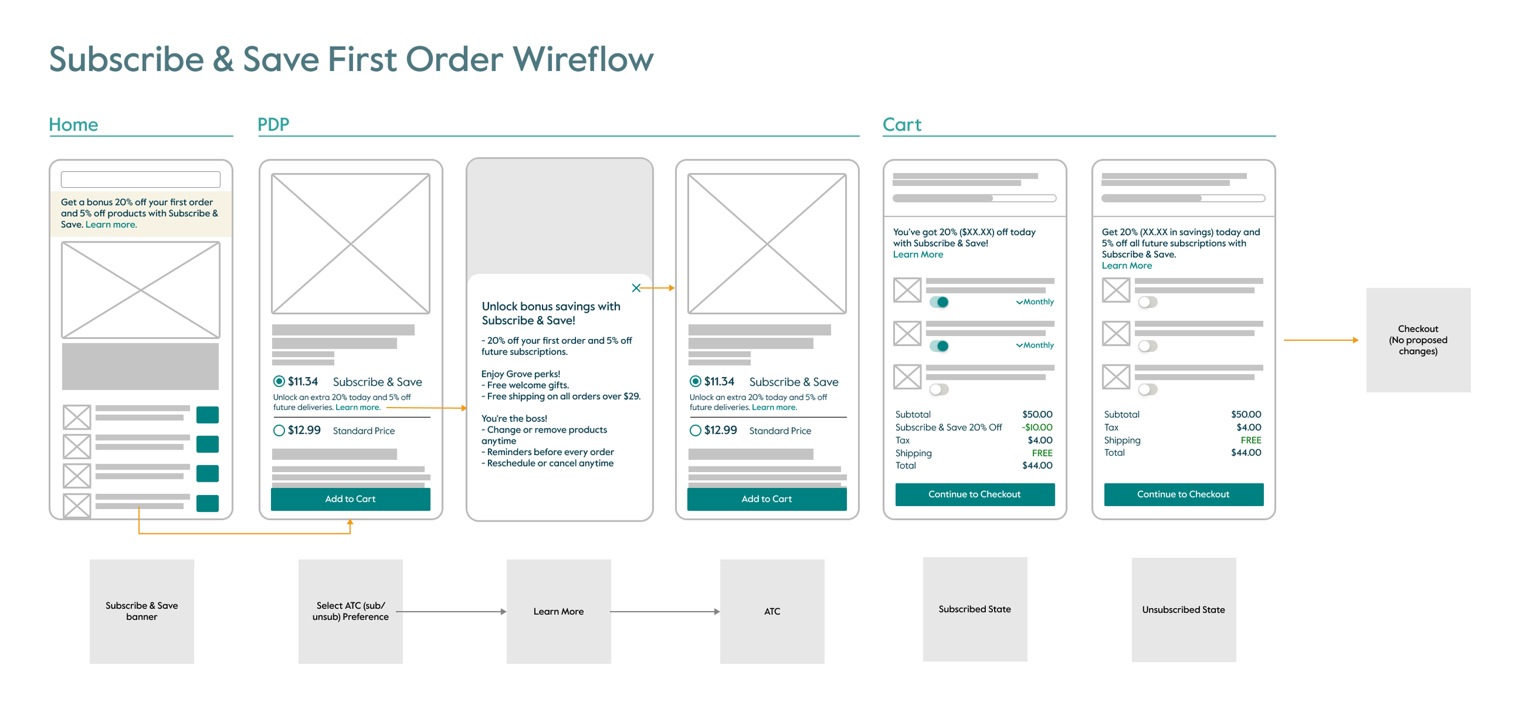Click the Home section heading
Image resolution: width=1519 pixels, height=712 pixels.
pyautogui.click(x=73, y=125)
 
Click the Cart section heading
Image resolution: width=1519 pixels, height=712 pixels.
pyautogui.click(x=901, y=125)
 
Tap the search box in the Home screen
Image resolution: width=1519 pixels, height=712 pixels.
pyautogui.click(x=140, y=179)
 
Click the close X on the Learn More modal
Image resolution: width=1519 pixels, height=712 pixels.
pyautogui.click(x=636, y=288)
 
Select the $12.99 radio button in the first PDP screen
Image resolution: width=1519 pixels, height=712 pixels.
pyautogui.click(x=279, y=431)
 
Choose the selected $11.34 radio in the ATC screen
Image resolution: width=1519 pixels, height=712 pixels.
pyautogui.click(x=695, y=382)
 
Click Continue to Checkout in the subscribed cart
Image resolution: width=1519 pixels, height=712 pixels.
pyautogui.click(x=974, y=495)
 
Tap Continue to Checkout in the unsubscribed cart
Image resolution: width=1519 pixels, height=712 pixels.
pyautogui.click(x=1183, y=495)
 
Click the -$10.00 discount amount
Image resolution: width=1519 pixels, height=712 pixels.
pyautogui.click(x=1037, y=428)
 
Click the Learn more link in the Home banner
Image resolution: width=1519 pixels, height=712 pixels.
pyautogui.click(x=111, y=225)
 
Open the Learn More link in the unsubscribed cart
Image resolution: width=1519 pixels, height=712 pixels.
pyautogui.click(x=1126, y=266)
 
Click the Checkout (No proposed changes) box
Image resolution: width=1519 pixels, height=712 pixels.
pyautogui.click(x=1418, y=340)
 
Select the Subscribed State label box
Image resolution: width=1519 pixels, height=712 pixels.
pyautogui.click(x=974, y=609)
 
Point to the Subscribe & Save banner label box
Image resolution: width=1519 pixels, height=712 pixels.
pyautogui.click(x=142, y=611)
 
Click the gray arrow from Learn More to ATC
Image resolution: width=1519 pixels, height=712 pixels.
pyautogui.click(x=665, y=612)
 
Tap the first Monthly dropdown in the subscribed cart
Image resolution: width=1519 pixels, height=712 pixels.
pyautogui.click(x=1035, y=302)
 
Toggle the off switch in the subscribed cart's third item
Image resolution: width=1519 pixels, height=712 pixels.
pyautogui.click(x=938, y=389)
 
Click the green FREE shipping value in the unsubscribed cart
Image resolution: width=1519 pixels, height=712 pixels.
pyautogui.click(x=1250, y=440)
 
